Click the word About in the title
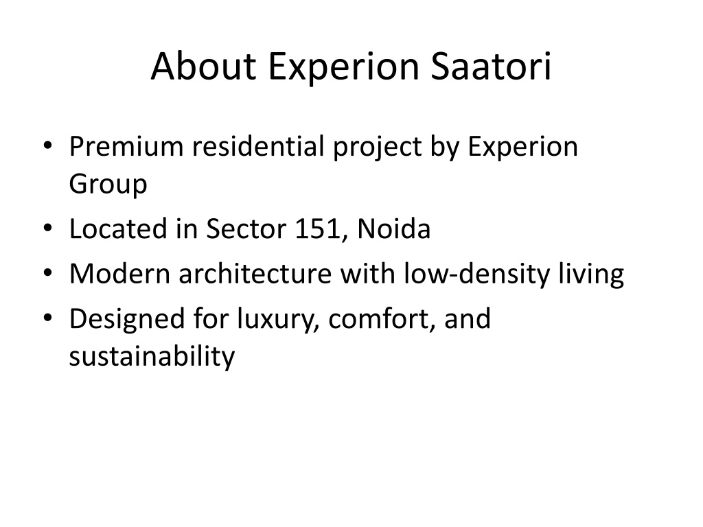coord(203,67)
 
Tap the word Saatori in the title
coord(491,67)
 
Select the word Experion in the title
coord(343,67)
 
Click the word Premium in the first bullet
coord(126,147)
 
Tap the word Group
coord(108,184)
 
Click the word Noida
coord(394,229)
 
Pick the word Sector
coord(246,229)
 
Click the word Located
coord(118,229)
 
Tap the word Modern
coord(119,273)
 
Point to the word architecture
coord(255,273)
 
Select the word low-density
coord(476,274)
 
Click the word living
coord(591,274)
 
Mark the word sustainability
coord(152,357)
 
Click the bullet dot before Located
coord(48,228)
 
